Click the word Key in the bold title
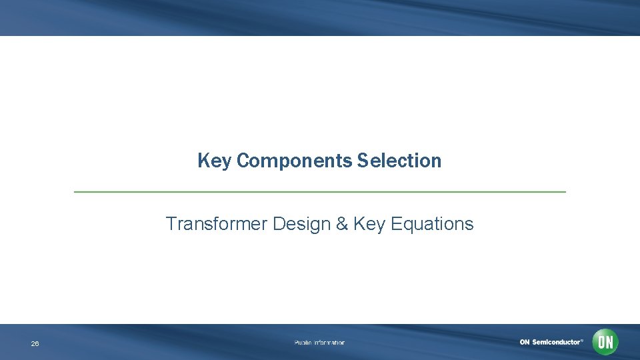pos(214,161)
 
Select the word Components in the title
pos(293,161)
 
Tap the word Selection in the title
pos(399,161)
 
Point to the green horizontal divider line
pos(319,192)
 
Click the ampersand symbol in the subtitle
pos(342,224)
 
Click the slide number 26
pos(35,344)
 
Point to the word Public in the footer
pos(303,343)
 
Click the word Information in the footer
pos(330,343)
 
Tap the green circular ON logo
pos(605,342)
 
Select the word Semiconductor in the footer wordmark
pos(555,342)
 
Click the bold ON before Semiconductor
pos(525,342)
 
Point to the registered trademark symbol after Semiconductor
pos(581,340)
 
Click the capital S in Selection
pos(362,161)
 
